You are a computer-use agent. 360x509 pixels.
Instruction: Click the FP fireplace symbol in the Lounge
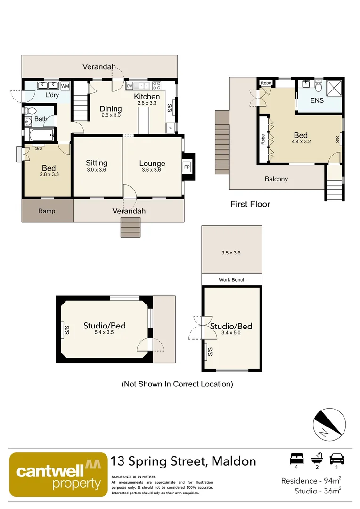(187, 167)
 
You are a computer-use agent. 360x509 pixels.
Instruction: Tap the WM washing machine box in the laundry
(65, 86)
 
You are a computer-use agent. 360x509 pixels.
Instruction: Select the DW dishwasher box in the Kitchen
(129, 86)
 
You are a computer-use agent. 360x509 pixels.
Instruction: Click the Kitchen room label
(147, 97)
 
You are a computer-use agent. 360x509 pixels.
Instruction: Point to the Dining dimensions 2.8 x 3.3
(111, 115)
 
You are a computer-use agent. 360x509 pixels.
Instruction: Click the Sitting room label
(97, 163)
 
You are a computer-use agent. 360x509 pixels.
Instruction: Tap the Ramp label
(47, 211)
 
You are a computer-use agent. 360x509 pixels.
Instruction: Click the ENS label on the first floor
(317, 100)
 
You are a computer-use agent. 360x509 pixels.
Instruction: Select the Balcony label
(276, 179)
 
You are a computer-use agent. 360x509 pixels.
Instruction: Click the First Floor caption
(250, 204)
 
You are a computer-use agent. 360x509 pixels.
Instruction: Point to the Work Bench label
(232, 280)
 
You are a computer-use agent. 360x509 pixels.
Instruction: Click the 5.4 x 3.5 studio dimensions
(104, 332)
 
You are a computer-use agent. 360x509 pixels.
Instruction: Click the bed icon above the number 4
(296, 458)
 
